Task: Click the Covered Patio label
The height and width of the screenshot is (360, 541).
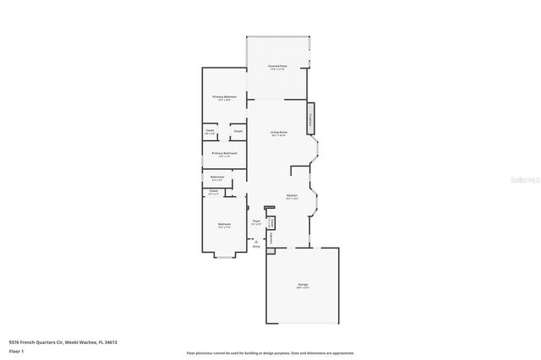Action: (277, 66)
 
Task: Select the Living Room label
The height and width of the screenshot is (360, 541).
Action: (278, 133)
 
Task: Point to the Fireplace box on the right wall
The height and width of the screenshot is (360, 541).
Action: (311, 118)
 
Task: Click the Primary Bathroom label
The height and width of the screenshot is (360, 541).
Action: (224, 154)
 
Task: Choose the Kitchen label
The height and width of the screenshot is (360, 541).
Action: (292, 196)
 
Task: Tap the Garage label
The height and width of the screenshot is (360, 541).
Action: (302, 286)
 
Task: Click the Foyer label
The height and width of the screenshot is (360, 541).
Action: (256, 221)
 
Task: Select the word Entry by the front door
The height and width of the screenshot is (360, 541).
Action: (256, 247)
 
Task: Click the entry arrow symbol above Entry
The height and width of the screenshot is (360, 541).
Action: (256, 241)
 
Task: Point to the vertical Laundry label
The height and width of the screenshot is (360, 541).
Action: (270, 238)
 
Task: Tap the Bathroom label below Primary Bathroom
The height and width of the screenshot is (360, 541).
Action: (216, 177)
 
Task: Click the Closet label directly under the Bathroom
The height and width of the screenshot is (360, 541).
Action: (214, 192)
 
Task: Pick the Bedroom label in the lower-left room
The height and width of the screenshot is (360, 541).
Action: (224, 225)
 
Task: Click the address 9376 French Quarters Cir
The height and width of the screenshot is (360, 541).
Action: (63, 341)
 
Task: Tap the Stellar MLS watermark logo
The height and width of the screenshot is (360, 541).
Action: (524, 180)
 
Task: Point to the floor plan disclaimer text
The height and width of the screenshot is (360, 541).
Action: (270, 353)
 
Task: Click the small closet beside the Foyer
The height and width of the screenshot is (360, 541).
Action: (271, 221)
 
